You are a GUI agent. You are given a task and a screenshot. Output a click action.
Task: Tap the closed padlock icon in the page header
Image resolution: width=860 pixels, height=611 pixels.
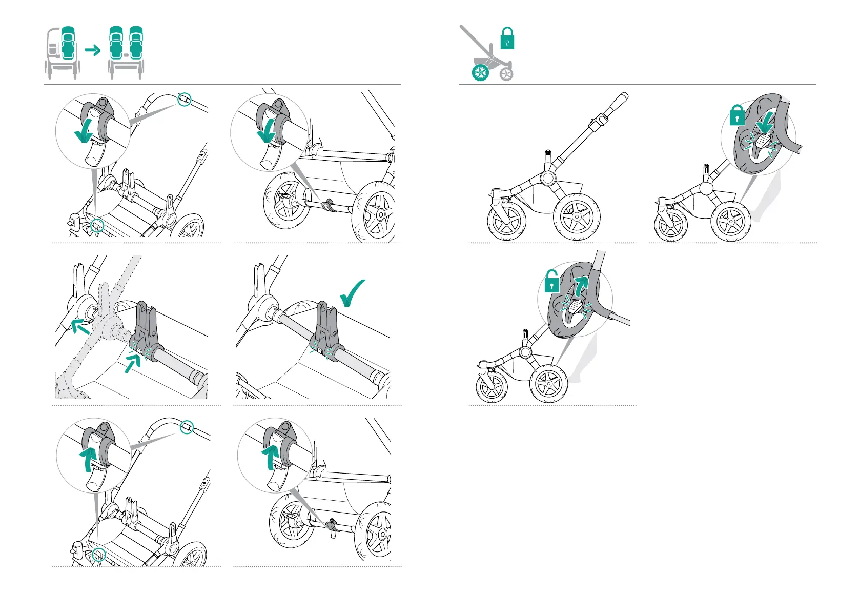(507, 38)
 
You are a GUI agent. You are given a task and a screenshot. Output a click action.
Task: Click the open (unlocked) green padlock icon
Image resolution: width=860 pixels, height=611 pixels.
(551, 282)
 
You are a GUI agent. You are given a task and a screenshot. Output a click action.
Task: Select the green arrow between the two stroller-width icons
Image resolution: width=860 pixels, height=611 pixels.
(93, 50)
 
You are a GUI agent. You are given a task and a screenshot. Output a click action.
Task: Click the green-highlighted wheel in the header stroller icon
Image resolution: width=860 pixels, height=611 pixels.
(481, 73)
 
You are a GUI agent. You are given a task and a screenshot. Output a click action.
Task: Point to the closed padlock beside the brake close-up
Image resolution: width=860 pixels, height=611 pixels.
(737, 115)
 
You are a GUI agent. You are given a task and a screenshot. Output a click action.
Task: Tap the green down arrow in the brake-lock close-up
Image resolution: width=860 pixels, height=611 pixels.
(765, 124)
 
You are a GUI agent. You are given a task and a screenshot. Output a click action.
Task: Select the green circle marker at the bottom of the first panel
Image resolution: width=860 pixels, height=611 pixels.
(97, 225)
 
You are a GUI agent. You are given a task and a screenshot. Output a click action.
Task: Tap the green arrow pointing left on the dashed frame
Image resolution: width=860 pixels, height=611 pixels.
(79, 326)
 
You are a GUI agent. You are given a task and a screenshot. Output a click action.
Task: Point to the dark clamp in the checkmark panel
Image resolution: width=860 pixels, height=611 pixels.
(325, 328)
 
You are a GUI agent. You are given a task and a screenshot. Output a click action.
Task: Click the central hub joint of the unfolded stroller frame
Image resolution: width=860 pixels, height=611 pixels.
(547, 178)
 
